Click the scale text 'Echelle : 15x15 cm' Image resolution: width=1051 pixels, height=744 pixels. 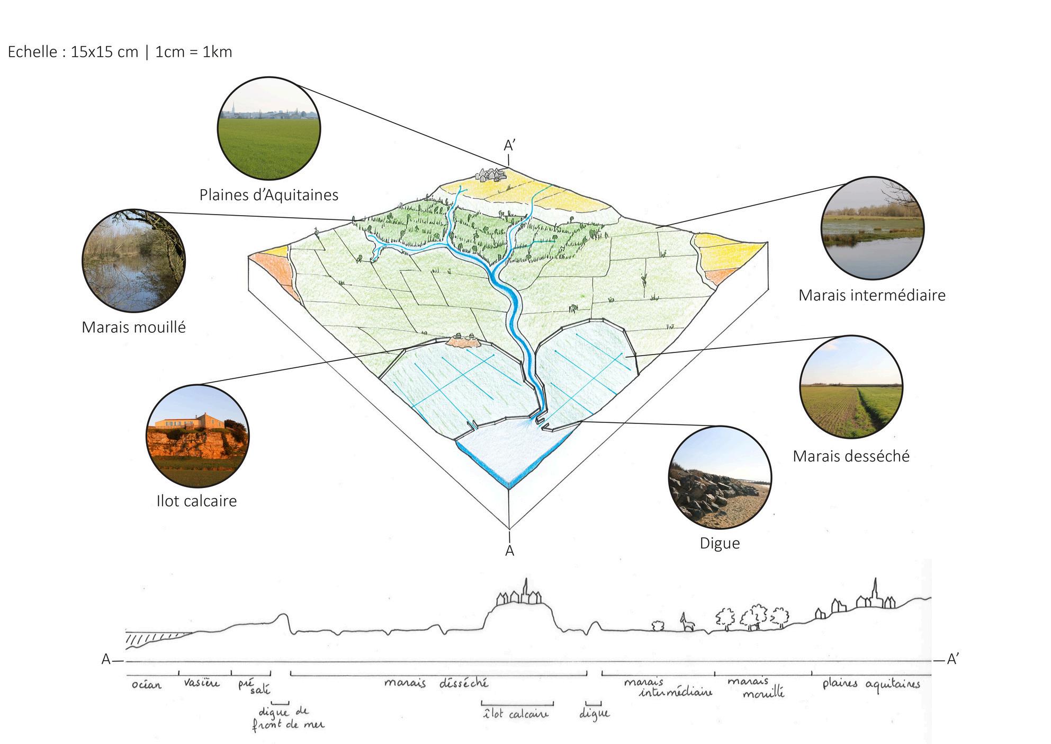pyautogui.click(x=73, y=52)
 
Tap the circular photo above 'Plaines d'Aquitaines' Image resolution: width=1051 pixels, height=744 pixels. pyautogui.click(x=269, y=128)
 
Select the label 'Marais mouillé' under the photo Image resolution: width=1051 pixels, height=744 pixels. pyautogui.click(x=133, y=327)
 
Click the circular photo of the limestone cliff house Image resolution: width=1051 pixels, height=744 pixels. pyautogui.click(x=197, y=436)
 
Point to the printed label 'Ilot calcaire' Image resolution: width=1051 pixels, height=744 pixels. pyautogui.click(x=196, y=501)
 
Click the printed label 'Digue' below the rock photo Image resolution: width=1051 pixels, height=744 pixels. pyautogui.click(x=720, y=543)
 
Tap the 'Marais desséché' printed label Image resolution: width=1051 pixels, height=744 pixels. pyautogui.click(x=851, y=456)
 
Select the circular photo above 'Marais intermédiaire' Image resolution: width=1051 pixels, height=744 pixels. pyautogui.click(x=872, y=228)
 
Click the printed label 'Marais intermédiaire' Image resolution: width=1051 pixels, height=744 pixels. pyautogui.click(x=872, y=295)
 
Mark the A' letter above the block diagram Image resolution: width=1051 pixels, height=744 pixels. pyautogui.click(x=509, y=146)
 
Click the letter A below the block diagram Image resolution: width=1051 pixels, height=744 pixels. pyautogui.click(x=509, y=551)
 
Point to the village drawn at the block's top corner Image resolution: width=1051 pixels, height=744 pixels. pyautogui.click(x=491, y=174)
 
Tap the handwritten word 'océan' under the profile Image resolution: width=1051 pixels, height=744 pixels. pyautogui.click(x=146, y=685)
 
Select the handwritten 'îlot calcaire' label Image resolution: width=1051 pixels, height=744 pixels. pyautogui.click(x=516, y=714)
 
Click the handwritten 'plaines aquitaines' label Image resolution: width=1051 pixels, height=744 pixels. pyautogui.click(x=871, y=684)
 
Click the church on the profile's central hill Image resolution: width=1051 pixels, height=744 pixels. pyautogui.click(x=526, y=589)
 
